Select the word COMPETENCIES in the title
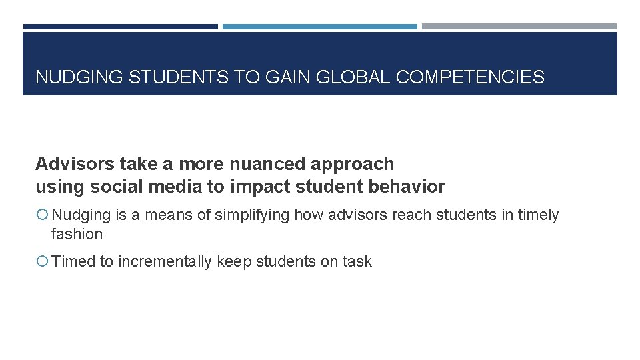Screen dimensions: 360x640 point(470,77)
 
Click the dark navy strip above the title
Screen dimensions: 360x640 point(120,27)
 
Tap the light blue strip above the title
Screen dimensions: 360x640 point(319,27)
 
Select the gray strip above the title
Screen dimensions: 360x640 point(519,27)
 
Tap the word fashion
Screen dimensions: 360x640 point(77,234)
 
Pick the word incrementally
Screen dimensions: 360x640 point(165,262)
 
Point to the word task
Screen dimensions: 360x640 point(357,262)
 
